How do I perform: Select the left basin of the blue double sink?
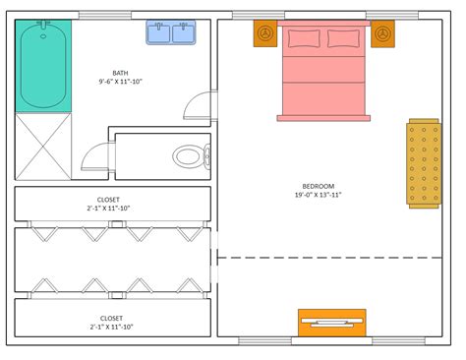(x=159, y=34)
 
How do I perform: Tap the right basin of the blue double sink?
(x=183, y=34)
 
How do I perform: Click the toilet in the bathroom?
(x=189, y=155)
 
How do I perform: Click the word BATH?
(x=119, y=73)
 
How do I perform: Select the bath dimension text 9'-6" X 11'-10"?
(x=119, y=83)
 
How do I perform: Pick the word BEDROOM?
(x=318, y=186)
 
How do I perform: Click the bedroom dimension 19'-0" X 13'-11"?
(x=318, y=195)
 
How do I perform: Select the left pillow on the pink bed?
(x=302, y=38)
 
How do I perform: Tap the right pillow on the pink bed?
(x=343, y=38)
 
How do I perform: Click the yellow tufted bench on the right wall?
(x=424, y=162)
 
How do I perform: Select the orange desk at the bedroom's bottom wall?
(x=331, y=323)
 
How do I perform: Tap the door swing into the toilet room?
(x=96, y=155)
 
